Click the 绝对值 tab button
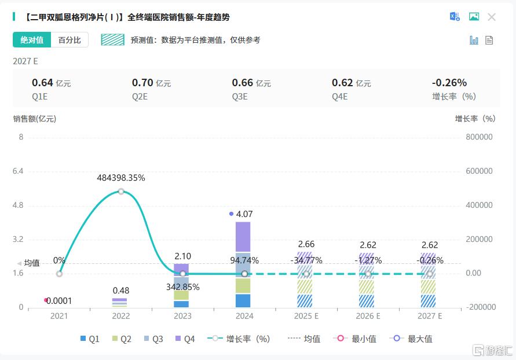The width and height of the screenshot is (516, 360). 32,40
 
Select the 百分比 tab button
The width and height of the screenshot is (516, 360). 69,40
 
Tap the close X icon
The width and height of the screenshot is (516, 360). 492,17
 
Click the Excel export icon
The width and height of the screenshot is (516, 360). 455,17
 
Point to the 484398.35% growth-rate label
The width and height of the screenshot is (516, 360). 121,178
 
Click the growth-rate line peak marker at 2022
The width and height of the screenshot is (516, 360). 121,191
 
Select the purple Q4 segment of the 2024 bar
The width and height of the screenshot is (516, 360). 244,237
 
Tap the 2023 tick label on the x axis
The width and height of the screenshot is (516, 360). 182,316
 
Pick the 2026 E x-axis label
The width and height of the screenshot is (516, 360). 368,316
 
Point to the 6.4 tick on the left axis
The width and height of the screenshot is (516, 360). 17,171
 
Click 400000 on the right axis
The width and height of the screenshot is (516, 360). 479,205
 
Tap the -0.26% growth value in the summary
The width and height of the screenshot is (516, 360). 449,83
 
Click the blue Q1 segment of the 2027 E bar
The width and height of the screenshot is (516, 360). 428,301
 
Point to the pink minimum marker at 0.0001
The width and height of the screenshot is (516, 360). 46,300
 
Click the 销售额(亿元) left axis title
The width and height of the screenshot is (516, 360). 35,119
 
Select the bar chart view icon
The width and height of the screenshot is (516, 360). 474,40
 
